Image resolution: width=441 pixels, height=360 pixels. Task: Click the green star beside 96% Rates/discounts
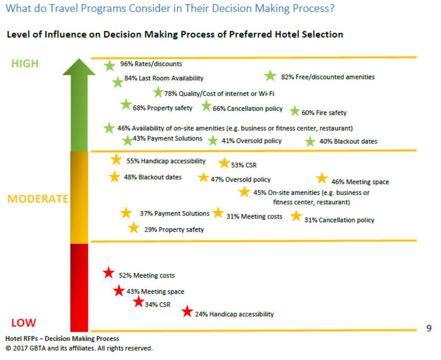tap(110, 65)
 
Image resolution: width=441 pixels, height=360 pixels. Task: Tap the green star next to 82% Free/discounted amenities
tap(270, 76)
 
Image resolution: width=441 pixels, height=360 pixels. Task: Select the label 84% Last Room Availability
tap(164, 78)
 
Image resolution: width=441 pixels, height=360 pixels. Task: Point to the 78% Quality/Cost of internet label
tap(219, 93)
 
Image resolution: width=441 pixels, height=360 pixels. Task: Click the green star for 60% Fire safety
tap(295, 111)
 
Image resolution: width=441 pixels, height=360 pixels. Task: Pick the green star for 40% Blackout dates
tap(310, 141)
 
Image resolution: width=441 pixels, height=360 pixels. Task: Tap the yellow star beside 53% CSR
tap(224, 163)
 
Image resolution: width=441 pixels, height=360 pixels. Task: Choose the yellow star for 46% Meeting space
tap(322, 178)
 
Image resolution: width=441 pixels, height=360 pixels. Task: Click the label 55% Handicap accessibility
tap(166, 161)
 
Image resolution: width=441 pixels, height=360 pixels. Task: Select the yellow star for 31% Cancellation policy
tap(296, 216)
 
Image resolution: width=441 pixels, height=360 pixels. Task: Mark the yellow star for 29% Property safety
tap(134, 228)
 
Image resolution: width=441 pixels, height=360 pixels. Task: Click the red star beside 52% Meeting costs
tap(109, 273)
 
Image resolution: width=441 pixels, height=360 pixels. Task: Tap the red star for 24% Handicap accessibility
tap(187, 311)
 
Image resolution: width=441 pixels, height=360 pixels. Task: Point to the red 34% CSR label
tap(157, 305)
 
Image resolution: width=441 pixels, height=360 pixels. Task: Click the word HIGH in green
tap(25, 64)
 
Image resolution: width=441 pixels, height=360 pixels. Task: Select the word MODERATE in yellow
tap(38, 199)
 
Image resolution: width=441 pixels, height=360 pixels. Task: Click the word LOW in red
tap(23, 323)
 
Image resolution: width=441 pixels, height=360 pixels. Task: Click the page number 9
tap(429, 329)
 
